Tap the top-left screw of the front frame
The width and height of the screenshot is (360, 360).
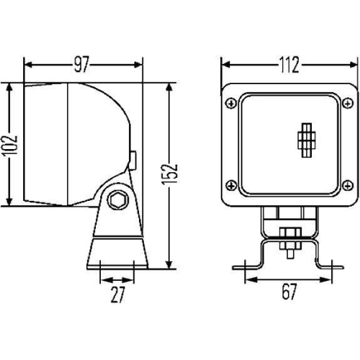[x=230, y=103]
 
